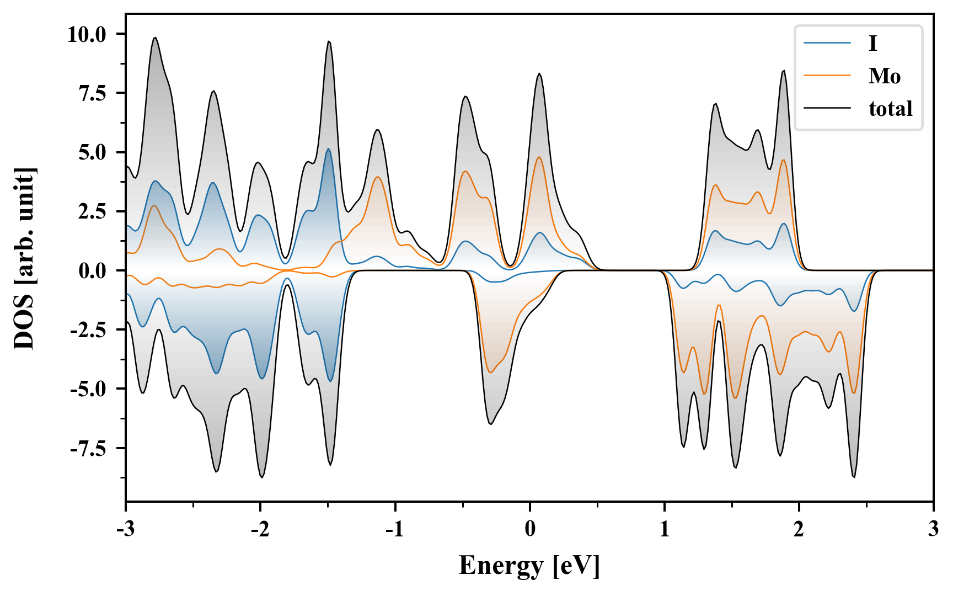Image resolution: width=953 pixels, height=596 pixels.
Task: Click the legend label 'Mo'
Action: tap(884, 76)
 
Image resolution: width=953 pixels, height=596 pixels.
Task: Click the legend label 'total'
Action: tap(890, 109)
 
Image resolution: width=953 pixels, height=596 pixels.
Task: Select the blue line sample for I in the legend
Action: tap(827, 43)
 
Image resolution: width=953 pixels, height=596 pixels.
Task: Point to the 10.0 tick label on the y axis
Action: tap(87, 35)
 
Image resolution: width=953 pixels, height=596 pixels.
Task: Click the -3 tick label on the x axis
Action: tap(126, 529)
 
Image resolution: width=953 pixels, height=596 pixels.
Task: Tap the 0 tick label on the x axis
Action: tap(530, 529)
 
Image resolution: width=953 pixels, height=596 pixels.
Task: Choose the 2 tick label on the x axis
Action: tap(799, 529)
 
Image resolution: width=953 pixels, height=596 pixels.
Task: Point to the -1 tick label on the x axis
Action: tap(395, 529)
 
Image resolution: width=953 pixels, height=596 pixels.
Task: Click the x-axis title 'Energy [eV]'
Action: tap(529, 566)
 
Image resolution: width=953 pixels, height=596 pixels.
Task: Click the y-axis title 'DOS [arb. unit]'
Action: tap(24, 258)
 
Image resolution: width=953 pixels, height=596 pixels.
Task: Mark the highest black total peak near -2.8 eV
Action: tap(156, 38)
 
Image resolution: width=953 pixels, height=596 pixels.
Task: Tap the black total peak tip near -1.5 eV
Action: tap(329, 41)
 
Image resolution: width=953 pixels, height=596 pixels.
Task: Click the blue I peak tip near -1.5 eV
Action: tap(329, 148)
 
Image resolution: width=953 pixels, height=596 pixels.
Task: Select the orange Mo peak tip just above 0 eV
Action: tap(539, 157)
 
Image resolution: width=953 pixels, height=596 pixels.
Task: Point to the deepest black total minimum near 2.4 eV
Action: tap(854, 477)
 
